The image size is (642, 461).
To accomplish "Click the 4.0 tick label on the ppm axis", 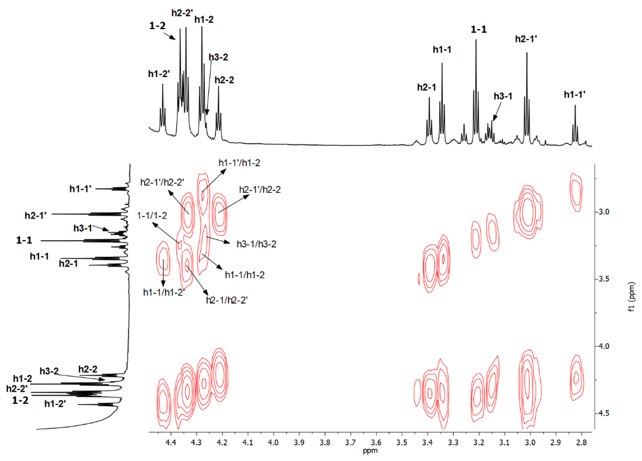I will coord(273,442).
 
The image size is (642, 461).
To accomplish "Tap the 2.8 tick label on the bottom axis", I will coord(581,442).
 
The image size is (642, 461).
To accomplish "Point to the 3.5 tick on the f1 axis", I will coord(603,279).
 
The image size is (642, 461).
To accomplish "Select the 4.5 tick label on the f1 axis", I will coord(603,413).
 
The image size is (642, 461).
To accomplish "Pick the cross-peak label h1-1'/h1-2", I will coord(239,163).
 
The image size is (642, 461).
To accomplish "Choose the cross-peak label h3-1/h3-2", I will coord(256,244).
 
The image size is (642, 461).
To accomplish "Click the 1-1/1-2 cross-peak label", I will coord(152,216).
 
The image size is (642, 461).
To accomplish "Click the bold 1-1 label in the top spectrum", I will coord(479,29).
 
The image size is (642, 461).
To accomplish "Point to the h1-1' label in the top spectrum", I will coord(575,94).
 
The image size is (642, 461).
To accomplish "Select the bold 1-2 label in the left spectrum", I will coord(20,400).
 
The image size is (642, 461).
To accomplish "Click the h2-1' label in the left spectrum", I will coord(36,215).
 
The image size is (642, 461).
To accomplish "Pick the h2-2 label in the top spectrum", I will coord(224,80).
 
